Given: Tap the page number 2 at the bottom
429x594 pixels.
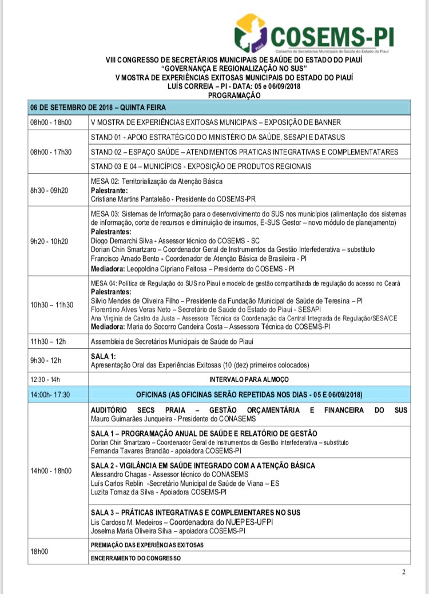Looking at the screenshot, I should pos(403,572).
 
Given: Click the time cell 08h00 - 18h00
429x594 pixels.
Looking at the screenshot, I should pos(51,122).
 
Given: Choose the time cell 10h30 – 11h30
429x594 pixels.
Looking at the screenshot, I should pos(52,305).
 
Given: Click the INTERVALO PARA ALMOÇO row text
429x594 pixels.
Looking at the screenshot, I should pos(249,379).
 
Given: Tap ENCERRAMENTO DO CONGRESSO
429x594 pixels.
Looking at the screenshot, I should pos(136,557).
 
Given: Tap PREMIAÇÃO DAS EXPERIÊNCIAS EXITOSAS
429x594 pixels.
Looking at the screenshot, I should pos(148,545).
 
